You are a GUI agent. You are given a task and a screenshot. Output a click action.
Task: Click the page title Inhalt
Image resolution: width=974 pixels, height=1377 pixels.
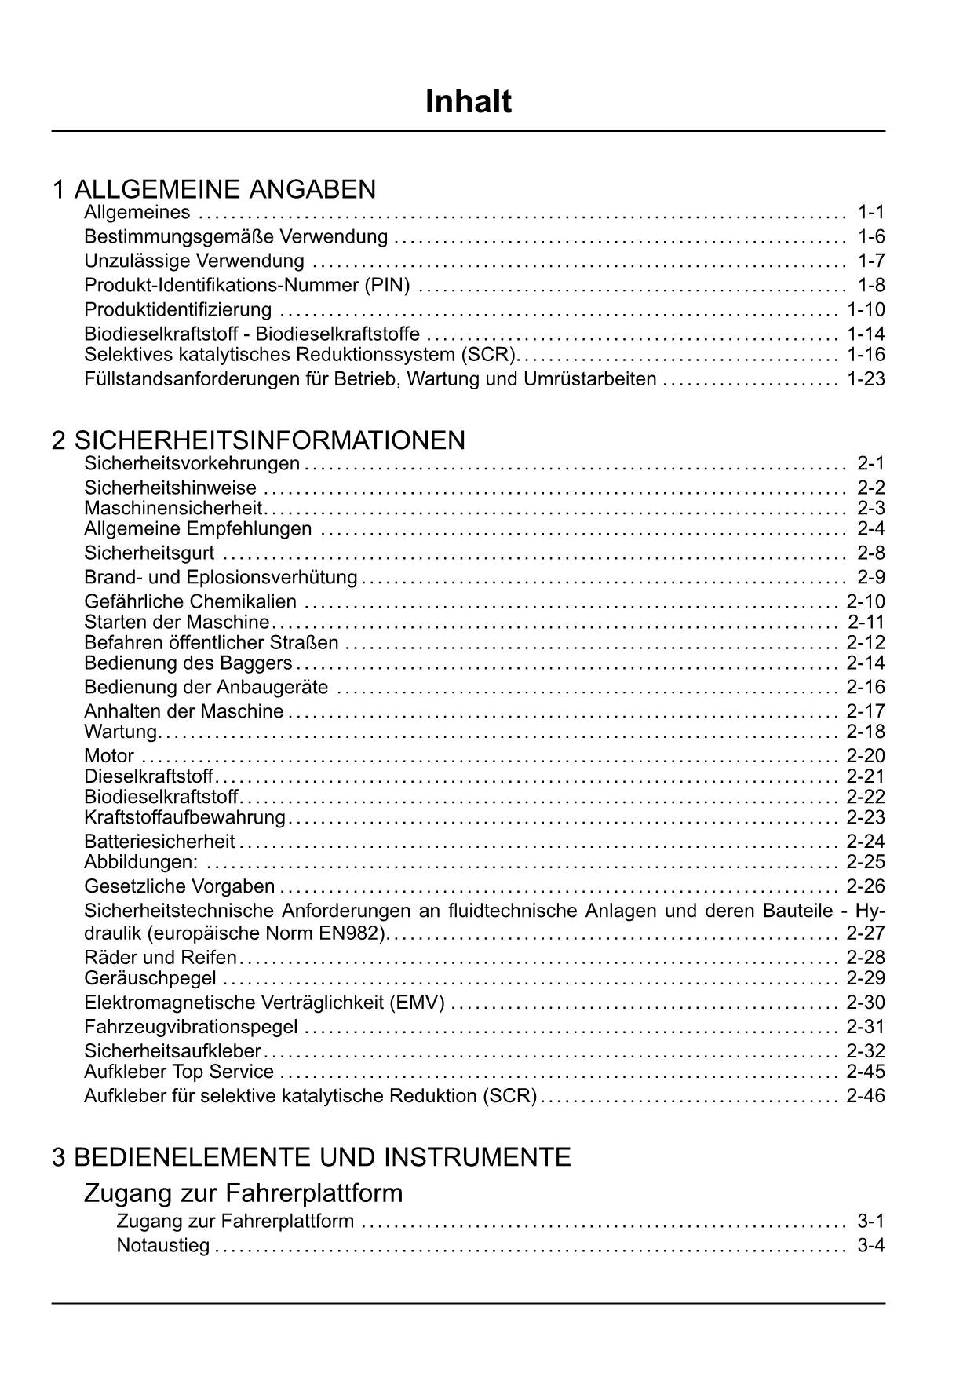click(469, 102)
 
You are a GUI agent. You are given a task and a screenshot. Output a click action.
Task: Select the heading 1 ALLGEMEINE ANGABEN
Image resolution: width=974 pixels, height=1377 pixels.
click(214, 189)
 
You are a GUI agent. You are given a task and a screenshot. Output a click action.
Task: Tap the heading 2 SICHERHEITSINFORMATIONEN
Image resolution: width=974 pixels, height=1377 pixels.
click(259, 440)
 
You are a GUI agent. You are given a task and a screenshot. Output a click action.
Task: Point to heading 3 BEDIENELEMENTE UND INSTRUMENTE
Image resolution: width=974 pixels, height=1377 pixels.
click(312, 1157)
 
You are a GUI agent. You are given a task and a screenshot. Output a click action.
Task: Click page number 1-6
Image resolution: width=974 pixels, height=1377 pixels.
click(871, 236)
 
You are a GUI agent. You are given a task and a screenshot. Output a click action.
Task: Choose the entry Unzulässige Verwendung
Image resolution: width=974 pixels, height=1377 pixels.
click(194, 261)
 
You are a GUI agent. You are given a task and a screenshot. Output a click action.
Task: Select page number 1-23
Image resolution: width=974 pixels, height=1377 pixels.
click(866, 379)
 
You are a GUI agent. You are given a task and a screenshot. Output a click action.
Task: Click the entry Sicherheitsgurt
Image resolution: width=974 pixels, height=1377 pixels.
click(149, 553)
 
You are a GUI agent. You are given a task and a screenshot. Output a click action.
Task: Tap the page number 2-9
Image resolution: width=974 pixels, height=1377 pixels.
click(871, 578)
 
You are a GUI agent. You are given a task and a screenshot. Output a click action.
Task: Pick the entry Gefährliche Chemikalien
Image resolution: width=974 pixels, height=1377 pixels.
click(191, 602)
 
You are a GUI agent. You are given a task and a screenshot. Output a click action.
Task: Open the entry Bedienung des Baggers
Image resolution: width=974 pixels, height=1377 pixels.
click(188, 663)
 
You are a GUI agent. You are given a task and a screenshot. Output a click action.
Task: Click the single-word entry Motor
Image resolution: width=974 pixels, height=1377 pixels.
click(109, 756)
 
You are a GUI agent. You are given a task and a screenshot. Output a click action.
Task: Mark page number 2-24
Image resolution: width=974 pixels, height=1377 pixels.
click(866, 842)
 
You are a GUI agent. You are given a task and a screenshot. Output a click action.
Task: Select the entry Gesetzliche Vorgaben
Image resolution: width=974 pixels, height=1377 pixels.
click(180, 887)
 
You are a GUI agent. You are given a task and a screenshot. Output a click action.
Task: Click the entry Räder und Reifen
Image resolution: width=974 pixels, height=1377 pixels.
click(160, 958)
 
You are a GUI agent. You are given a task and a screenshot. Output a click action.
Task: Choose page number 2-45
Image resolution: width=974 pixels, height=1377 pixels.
click(866, 1072)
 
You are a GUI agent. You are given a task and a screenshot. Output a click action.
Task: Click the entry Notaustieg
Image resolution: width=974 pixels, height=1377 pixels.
click(163, 1246)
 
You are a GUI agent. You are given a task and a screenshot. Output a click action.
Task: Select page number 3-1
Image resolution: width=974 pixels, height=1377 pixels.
click(871, 1222)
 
